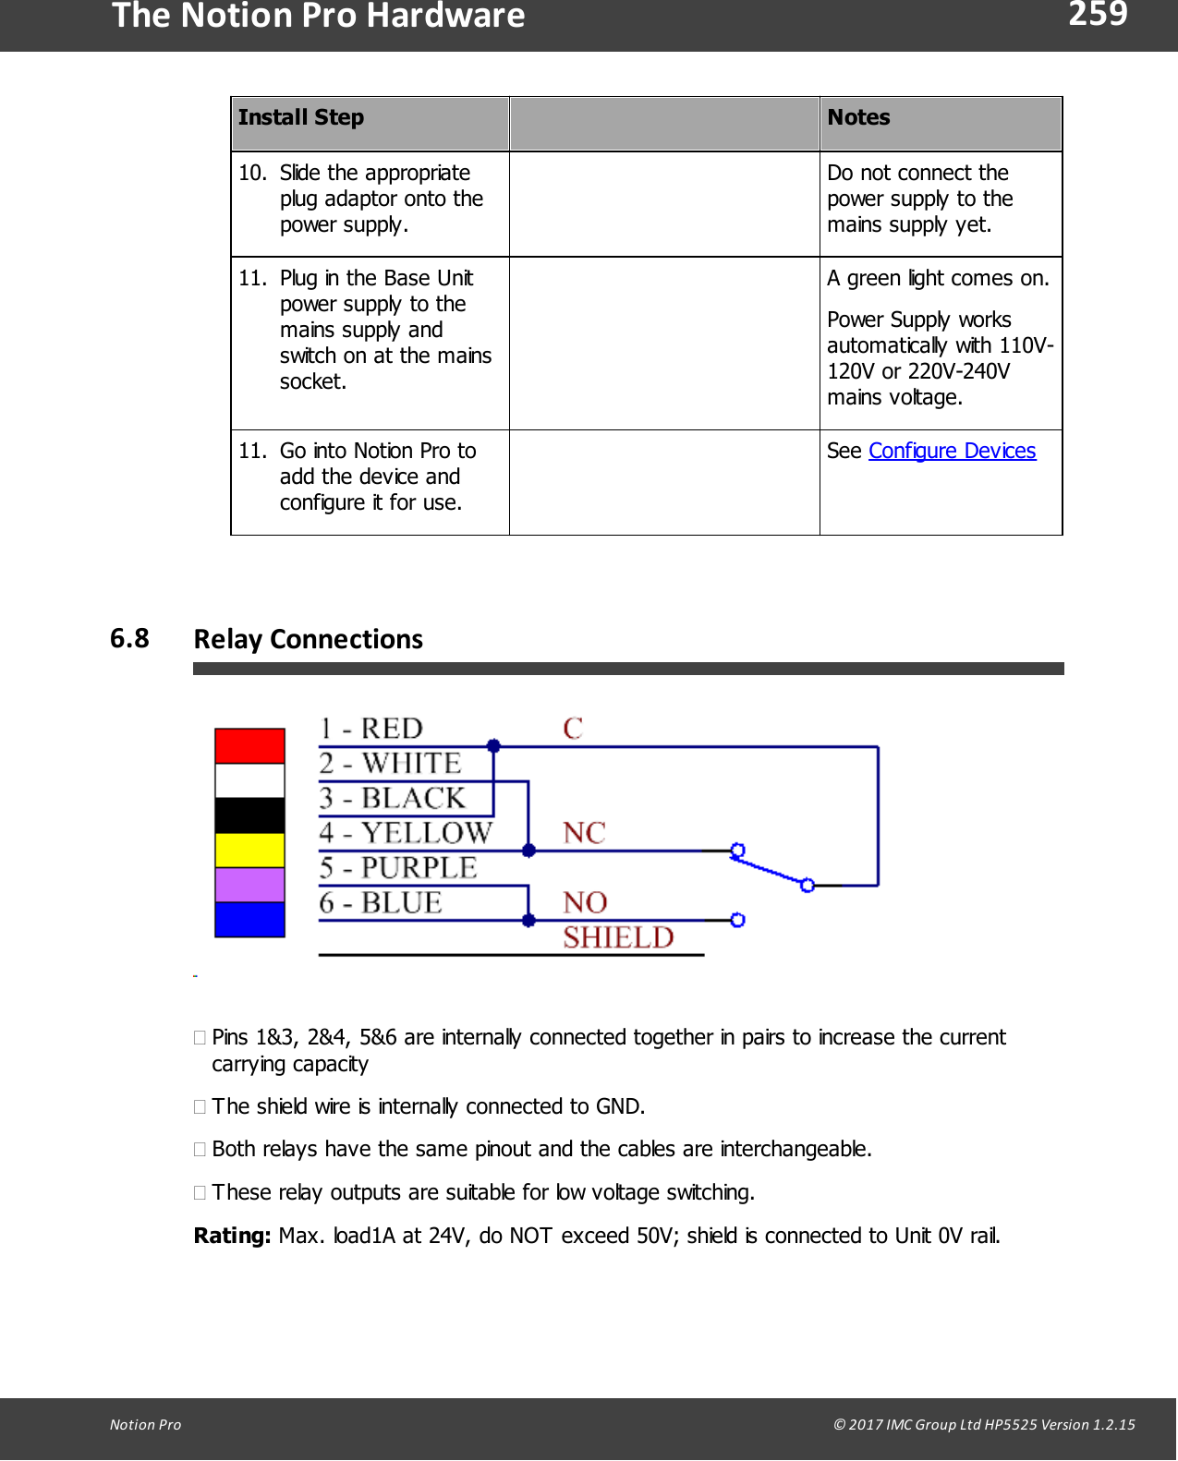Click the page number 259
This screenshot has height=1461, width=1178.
1098,14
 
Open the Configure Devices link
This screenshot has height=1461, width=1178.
952,451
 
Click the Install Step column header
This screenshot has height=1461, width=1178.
301,117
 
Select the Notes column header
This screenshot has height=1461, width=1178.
858,117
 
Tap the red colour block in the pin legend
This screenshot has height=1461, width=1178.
249,745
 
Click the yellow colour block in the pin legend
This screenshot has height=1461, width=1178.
249,850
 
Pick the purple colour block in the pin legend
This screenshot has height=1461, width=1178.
249,885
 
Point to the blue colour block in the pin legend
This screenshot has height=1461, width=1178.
249,920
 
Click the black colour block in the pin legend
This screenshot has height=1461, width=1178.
249,815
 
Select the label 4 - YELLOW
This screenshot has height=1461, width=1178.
406,833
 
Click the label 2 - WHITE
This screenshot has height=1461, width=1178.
390,764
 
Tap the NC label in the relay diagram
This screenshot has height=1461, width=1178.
584,833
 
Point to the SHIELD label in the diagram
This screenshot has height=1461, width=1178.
618,937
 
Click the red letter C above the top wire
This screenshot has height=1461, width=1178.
573,728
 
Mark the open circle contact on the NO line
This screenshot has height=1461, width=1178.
737,920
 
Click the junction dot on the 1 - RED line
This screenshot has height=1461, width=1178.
493,745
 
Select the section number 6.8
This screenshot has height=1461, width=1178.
129,638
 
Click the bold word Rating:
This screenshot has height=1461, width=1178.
232,1236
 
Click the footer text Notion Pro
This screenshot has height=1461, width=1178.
145,1424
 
